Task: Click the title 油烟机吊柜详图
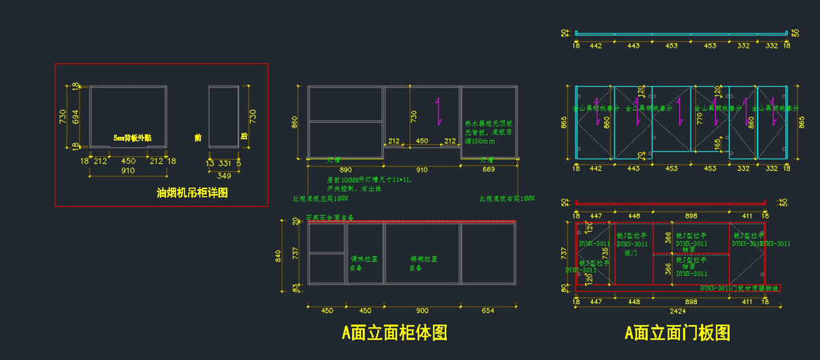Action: pos(193,193)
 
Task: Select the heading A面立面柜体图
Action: pos(395,333)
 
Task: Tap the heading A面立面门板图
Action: pos(677,333)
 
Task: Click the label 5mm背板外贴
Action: pos(133,138)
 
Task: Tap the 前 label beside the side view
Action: pos(197,137)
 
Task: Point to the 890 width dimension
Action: pos(345,169)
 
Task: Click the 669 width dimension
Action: pos(488,169)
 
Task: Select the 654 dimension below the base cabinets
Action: pos(488,310)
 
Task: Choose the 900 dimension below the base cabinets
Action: pos(422,310)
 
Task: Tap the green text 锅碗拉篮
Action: pos(423,259)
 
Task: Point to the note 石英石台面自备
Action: pos(330,217)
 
